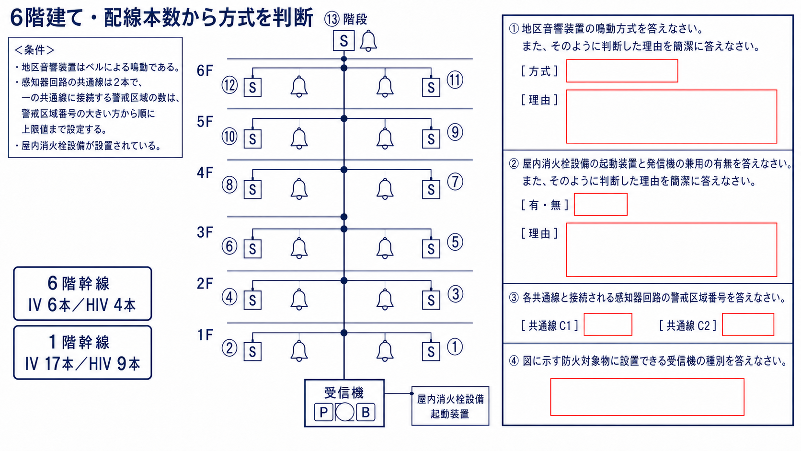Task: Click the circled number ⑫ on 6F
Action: tap(229, 85)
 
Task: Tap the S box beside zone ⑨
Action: tap(431, 139)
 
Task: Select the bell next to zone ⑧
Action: tap(299, 189)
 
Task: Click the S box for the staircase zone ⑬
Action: tap(343, 41)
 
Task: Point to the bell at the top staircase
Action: tap(368, 41)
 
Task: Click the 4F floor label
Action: tap(205, 173)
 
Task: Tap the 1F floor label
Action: tap(205, 335)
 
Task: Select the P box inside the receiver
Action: tap(324, 412)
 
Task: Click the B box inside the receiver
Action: tap(366, 412)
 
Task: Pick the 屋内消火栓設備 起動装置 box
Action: tap(450, 406)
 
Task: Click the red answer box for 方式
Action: tap(622, 71)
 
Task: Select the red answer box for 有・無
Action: tap(601, 204)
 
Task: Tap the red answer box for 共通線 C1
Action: tap(608, 324)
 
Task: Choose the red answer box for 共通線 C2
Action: tap(748, 324)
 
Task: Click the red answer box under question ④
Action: tap(647, 397)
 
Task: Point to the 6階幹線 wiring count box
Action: tap(82, 294)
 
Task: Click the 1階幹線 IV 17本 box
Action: tap(82, 353)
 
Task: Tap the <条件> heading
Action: tap(34, 50)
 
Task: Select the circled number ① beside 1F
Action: tap(455, 347)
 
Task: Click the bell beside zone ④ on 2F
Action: tap(299, 300)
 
